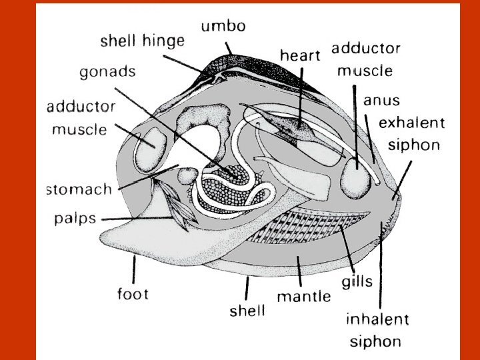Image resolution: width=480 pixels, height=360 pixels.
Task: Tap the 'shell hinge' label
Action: click(142, 41)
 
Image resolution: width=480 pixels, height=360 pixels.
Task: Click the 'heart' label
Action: click(300, 55)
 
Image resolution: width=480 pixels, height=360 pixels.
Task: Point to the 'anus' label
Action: click(382, 101)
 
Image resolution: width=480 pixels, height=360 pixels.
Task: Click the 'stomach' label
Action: click(79, 189)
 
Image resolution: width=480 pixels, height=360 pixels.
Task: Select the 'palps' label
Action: click(75, 219)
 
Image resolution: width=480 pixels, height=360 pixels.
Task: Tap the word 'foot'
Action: click(133, 293)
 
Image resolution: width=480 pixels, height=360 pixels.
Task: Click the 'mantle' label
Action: click(303, 295)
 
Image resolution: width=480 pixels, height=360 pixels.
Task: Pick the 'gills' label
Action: click(357, 281)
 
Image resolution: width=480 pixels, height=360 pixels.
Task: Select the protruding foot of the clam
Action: click(140, 237)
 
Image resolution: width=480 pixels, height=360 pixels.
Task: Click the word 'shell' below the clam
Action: click(247, 310)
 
